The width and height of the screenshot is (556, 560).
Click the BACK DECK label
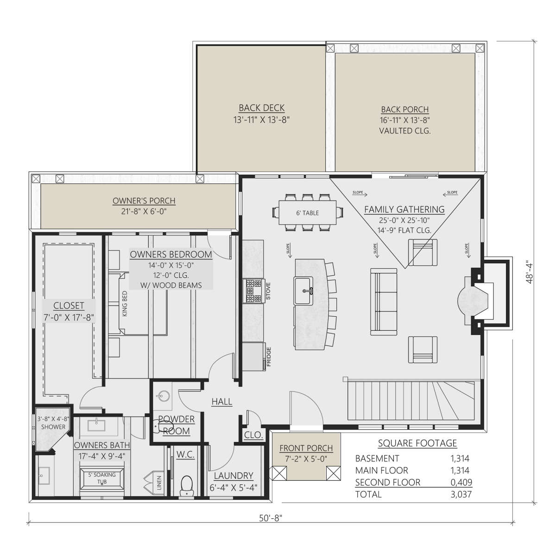(261, 108)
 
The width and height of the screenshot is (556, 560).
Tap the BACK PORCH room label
(405, 110)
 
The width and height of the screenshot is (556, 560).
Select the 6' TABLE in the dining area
(307, 213)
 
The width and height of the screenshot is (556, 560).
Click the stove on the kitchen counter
(254, 290)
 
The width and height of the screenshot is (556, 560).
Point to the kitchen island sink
(303, 290)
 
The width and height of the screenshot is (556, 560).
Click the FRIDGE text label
(269, 356)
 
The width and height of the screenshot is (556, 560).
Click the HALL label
(222, 402)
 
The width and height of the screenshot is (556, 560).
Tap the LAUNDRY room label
(234, 476)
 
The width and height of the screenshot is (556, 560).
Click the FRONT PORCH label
(306, 448)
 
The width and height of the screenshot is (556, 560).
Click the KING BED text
(125, 304)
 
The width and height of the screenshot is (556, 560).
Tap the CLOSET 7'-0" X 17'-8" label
(69, 312)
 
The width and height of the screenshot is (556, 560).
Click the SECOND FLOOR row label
(388, 482)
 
